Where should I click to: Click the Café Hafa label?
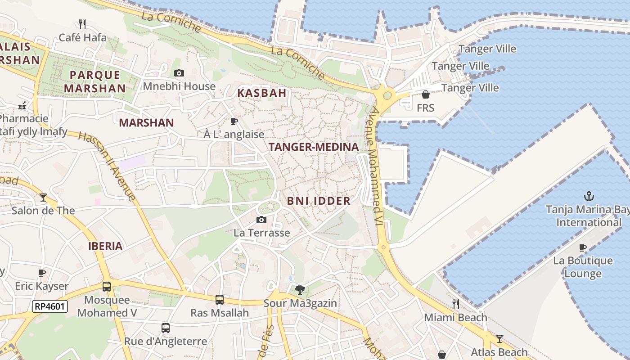[83, 37]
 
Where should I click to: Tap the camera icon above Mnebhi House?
[179, 73]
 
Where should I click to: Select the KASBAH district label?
[261, 93]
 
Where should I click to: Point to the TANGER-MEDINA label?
[313, 147]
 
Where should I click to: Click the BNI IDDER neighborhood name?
[319, 201]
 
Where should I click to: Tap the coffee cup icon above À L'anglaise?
[234, 121]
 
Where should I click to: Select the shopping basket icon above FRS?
[425, 94]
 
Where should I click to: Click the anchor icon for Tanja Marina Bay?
[589, 196]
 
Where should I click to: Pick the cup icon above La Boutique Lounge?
[583, 247]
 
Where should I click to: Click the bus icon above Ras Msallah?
[219, 299]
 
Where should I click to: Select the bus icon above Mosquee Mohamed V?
[107, 286]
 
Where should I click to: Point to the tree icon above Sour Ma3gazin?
[300, 290]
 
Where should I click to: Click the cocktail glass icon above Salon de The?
[43, 197]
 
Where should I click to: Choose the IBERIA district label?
[105, 246]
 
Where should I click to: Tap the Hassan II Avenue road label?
[107, 166]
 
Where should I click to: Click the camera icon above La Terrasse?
[261, 220]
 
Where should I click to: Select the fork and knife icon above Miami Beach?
[456, 304]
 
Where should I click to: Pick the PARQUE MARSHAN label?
[94, 81]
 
